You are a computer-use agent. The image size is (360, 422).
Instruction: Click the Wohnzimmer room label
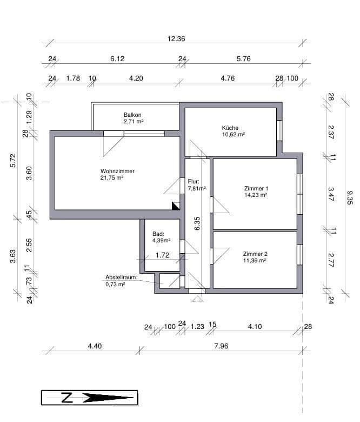[117, 171]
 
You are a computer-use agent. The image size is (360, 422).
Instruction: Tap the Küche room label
[230, 128]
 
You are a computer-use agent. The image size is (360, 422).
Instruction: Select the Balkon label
[132, 115]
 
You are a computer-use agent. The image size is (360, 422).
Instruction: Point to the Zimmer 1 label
[256, 188]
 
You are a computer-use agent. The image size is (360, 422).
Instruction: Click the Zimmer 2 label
[255, 254]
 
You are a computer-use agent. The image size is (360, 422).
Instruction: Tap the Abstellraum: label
[122, 277]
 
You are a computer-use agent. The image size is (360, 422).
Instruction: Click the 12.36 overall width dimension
[176, 38]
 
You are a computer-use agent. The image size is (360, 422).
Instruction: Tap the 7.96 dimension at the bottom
[221, 346]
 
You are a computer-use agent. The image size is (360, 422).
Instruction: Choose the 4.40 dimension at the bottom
[95, 346]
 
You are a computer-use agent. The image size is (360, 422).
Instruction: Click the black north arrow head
[108, 398]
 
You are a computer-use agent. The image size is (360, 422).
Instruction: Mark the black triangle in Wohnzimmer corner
[176, 206]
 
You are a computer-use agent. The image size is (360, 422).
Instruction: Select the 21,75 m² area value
[112, 177]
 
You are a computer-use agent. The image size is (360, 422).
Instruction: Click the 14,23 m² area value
[256, 195]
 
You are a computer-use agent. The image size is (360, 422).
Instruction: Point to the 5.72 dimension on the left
[14, 161]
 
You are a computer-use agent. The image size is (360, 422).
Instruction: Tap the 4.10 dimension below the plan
[255, 326]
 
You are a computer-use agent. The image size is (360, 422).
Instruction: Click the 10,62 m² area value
[233, 134]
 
